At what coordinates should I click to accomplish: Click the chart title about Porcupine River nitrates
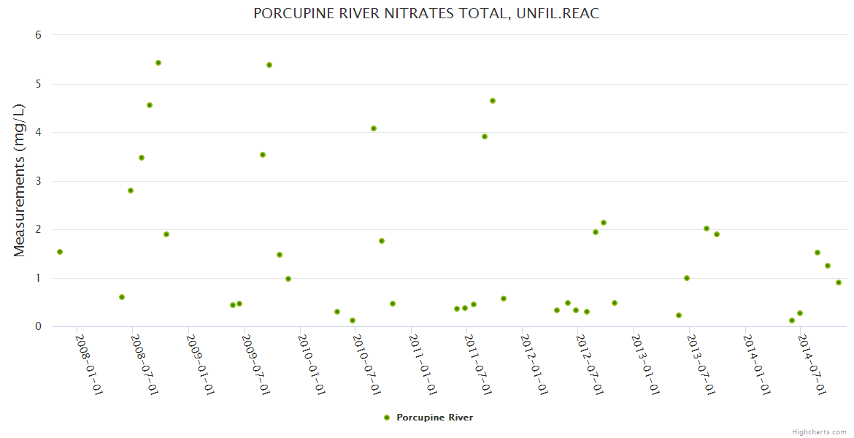426,14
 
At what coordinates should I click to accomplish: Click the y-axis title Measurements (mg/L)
19,180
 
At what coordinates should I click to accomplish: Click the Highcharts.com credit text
819,431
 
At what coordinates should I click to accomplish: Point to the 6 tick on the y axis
38,35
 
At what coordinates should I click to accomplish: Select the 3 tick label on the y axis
38,181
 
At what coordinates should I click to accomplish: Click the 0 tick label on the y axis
38,326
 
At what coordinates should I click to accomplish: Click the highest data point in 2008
158,63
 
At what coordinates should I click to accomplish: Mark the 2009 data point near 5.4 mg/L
269,65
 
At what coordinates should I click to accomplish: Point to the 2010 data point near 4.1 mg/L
374,128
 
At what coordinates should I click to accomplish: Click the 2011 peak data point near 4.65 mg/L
493,101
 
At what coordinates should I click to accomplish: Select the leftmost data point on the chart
60,252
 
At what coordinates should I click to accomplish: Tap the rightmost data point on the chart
839,283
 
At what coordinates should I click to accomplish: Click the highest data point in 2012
604,223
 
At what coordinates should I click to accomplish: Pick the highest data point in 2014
818,253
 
